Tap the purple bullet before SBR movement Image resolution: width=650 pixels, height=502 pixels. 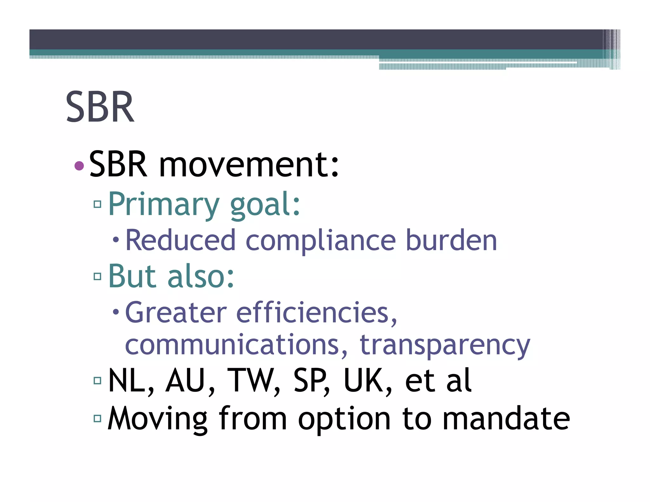point(79,165)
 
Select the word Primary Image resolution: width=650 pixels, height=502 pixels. point(164,205)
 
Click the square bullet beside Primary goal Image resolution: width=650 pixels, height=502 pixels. point(97,204)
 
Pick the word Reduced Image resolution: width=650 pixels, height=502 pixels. point(180,241)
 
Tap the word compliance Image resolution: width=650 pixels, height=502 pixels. point(321,241)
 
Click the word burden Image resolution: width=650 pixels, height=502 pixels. point(451,241)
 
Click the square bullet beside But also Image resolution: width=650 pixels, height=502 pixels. point(97,276)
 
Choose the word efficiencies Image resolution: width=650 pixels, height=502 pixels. point(316,314)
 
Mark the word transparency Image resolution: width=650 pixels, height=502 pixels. point(445,346)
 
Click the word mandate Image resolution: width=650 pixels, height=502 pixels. point(506,419)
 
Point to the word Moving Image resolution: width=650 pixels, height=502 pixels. point(157,419)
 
